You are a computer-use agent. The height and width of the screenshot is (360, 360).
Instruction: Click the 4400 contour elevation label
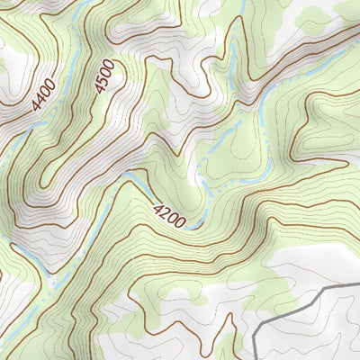point(43,94)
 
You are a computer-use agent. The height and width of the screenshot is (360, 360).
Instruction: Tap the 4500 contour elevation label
point(104,75)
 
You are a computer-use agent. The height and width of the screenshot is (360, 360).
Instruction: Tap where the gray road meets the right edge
point(358,284)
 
